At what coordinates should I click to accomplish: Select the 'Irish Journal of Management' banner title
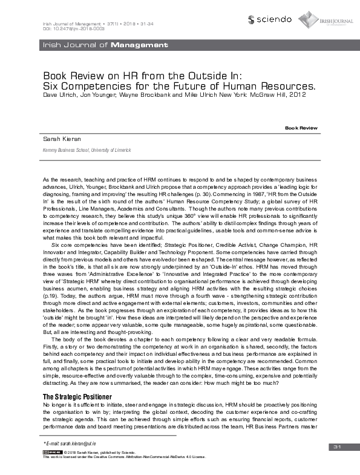pos(103,45)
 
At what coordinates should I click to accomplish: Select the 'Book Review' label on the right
pos(301,129)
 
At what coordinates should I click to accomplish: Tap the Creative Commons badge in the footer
pos(52,453)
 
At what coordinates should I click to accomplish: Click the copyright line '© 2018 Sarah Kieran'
pos(100,453)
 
